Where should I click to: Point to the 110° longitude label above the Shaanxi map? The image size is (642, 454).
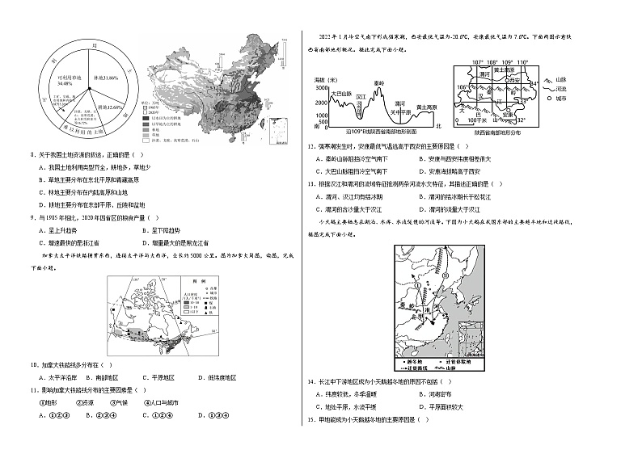(522, 62)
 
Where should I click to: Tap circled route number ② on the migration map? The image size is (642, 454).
(445, 280)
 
